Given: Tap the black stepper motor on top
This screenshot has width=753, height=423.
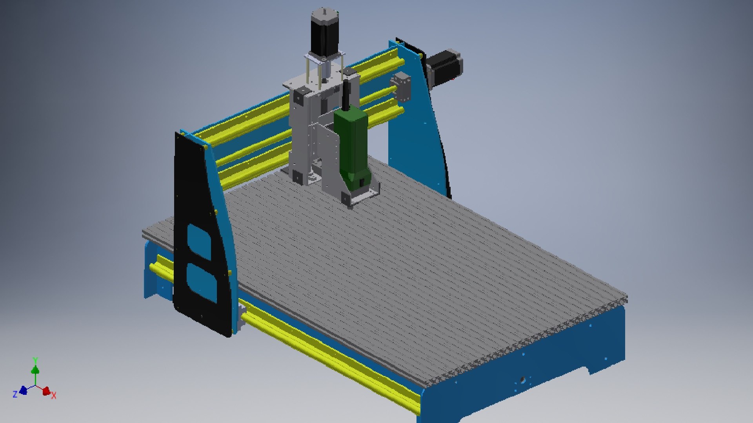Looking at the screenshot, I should pyautogui.click(x=325, y=33).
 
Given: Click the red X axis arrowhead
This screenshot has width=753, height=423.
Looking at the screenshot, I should pyautogui.click(x=46, y=391).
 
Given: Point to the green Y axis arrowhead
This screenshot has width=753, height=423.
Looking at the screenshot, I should pyautogui.click(x=35, y=370).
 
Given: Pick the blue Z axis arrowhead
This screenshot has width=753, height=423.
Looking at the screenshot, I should pyautogui.click(x=23, y=390).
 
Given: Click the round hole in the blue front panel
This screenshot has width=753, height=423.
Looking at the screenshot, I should pyautogui.click(x=522, y=379).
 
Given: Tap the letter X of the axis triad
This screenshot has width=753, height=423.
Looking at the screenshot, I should pyautogui.click(x=54, y=396).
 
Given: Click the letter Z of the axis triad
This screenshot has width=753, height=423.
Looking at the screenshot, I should pyautogui.click(x=15, y=394).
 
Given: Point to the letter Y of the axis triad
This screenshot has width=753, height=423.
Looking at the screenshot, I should pyautogui.click(x=35, y=360).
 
